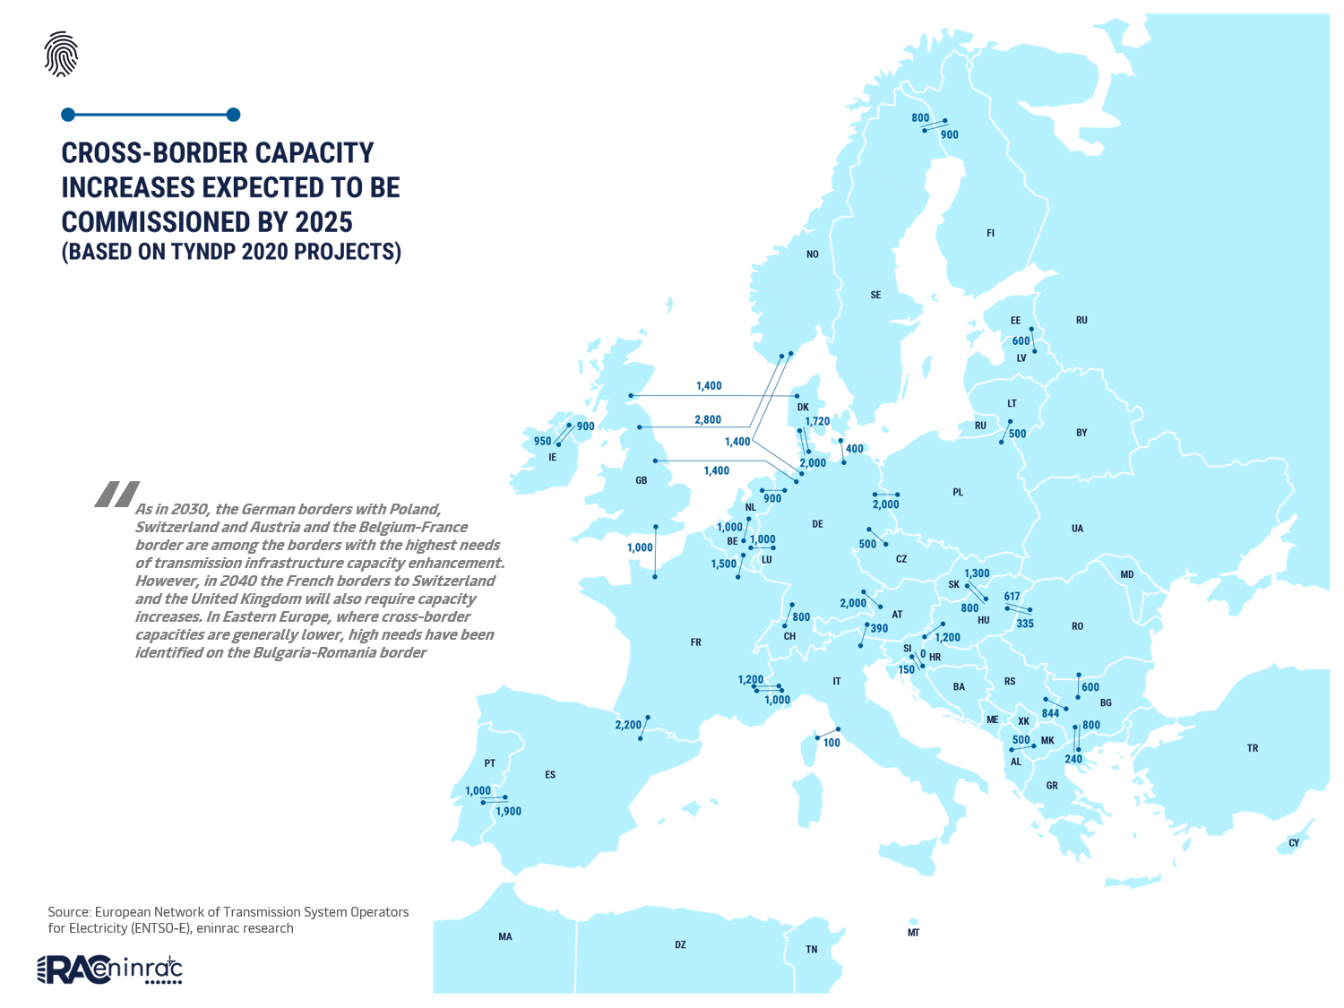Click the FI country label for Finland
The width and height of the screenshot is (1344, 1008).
pyautogui.click(x=990, y=233)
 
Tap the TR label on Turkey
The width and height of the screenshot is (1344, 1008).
pyautogui.click(x=1253, y=748)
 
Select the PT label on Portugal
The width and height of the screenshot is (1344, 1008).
pyautogui.click(x=489, y=763)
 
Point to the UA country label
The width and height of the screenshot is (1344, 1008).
pyautogui.click(x=1077, y=529)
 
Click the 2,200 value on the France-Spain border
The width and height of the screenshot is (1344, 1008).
pyautogui.click(x=628, y=725)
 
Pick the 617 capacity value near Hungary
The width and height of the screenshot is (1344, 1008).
pyautogui.click(x=1012, y=597)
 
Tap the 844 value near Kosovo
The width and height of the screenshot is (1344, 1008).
pyautogui.click(x=1050, y=714)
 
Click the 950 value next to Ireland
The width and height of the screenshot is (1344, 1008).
pyautogui.click(x=542, y=441)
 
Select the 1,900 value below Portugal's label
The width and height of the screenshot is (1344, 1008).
pyautogui.click(x=508, y=812)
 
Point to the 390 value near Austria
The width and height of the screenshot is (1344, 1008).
pyautogui.click(x=879, y=628)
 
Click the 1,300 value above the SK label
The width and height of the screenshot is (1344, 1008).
pyautogui.click(x=977, y=573)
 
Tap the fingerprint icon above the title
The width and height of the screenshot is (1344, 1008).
pyautogui.click(x=61, y=54)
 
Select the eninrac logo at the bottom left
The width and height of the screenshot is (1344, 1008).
pyautogui.click(x=109, y=969)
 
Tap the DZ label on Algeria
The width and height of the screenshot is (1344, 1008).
pyautogui.click(x=680, y=945)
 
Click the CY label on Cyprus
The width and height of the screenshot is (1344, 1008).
pyautogui.click(x=1293, y=843)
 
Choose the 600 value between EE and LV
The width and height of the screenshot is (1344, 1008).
pyautogui.click(x=1021, y=341)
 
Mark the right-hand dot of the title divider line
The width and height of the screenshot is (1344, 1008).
pyautogui.click(x=233, y=115)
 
